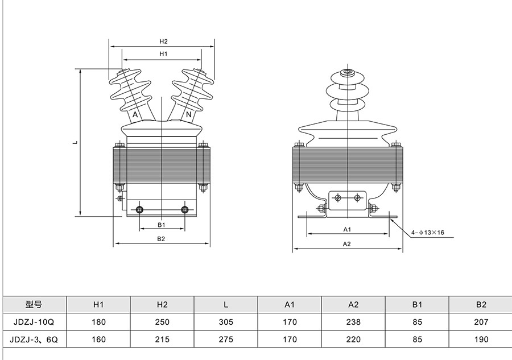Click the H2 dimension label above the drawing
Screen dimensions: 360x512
(163, 42)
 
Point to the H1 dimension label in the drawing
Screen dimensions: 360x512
(163, 53)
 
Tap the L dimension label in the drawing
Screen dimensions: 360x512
(75, 143)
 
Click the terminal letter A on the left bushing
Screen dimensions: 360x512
(135, 115)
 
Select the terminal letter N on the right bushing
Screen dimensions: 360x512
(188, 115)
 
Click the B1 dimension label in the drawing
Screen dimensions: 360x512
(162, 225)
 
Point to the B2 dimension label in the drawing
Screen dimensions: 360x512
(162, 239)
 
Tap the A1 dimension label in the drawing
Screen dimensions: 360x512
(346, 229)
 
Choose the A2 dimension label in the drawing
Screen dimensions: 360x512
(346, 244)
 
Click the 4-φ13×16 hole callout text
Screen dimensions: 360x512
(428, 232)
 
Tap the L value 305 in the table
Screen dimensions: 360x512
(226, 322)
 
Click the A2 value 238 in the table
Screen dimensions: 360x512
(353, 322)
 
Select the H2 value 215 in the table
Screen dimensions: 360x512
(162, 340)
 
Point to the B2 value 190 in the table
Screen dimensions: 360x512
(481, 340)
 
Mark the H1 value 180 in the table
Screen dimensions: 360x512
(98, 322)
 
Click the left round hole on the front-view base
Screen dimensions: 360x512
(140, 210)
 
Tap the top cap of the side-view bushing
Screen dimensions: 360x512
(346, 73)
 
